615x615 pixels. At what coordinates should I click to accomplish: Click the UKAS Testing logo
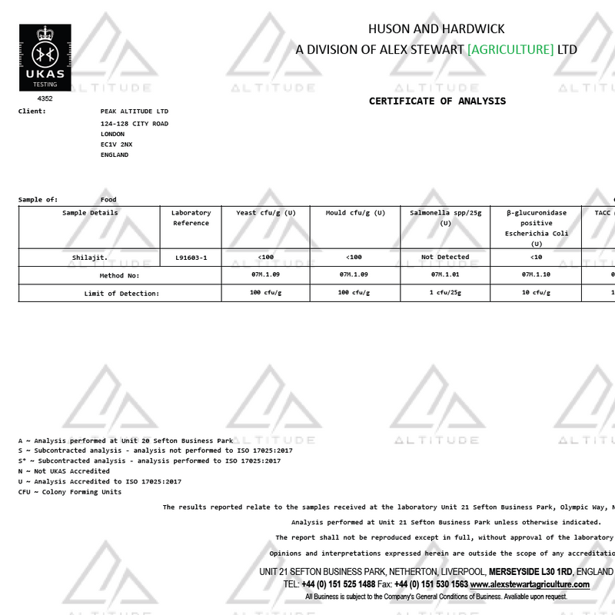pyautogui.click(x=45, y=58)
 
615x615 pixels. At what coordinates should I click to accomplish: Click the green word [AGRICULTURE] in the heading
pyautogui.click(x=510, y=49)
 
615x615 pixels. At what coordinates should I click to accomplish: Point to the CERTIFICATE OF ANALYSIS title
pyautogui.click(x=437, y=101)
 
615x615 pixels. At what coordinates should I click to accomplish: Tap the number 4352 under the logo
pyautogui.click(x=45, y=98)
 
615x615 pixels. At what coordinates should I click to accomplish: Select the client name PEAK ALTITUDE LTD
pyautogui.click(x=134, y=111)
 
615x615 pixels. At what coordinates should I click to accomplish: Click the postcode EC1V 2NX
pyautogui.click(x=116, y=144)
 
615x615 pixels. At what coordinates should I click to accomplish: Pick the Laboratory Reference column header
pyautogui.click(x=191, y=218)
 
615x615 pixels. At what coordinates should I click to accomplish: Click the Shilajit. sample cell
pyautogui.click(x=90, y=257)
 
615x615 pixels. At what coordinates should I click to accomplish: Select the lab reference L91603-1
pyautogui.click(x=191, y=257)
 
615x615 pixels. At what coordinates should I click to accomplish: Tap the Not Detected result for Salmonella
pyautogui.click(x=445, y=257)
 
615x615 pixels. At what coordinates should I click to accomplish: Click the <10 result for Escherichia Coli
pyautogui.click(x=536, y=257)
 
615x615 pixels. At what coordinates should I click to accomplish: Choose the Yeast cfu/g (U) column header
pyautogui.click(x=265, y=212)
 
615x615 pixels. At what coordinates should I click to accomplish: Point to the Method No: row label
pyautogui.click(x=119, y=274)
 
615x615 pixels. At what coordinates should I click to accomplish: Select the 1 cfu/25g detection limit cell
pyautogui.click(x=445, y=293)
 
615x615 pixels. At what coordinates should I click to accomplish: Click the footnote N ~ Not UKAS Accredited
pyautogui.click(x=64, y=471)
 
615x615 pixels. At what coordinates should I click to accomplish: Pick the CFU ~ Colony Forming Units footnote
pyautogui.click(x=70, y=492)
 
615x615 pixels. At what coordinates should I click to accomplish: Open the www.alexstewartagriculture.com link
pyautogui.click(x=530, y=584)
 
